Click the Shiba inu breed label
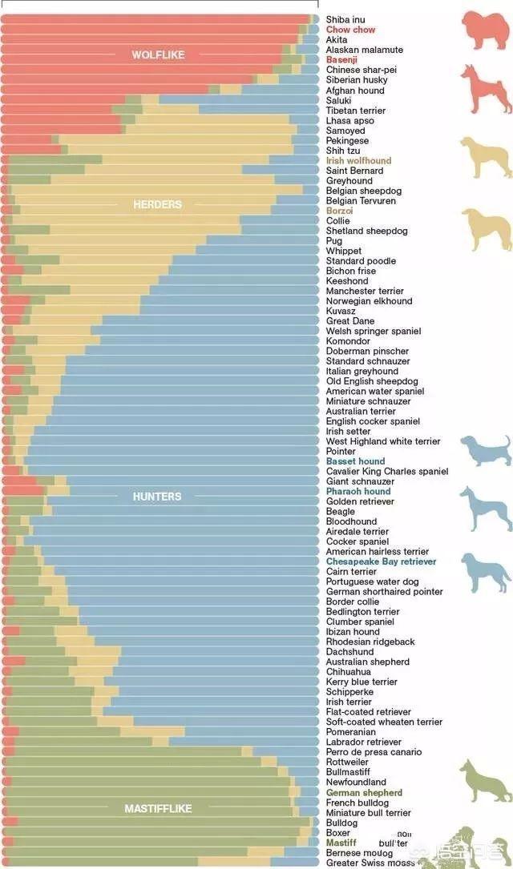[345, 19]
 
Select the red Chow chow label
[350, 30]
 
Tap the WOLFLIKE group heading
[158, 55]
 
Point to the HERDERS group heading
[157, 204]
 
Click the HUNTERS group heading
[157, 497]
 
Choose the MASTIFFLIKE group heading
[158, 809]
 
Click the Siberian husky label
[357, 80]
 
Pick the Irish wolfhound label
[358, 161]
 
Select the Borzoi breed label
[339, 211]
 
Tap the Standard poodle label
[361, 261]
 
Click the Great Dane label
[350, 321]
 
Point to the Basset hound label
[355, 461]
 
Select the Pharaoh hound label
[357, 492]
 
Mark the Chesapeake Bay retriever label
[381, 561]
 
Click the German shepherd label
[364, 793]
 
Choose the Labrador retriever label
[364, 742]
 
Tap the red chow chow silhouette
[484, 30]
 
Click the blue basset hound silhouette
[485, 450]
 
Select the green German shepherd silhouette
[486, 781]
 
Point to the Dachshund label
[349, 652]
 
